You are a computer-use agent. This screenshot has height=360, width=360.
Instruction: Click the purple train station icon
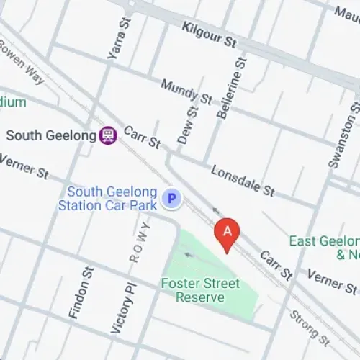(108, 135)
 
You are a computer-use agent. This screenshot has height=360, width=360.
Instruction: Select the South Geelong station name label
(51, 135)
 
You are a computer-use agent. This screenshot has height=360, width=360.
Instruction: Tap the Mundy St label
(186, 91)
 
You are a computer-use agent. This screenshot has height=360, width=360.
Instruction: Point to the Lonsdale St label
(243, 181)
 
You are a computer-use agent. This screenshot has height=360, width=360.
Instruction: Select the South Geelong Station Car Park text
(112, 199)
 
